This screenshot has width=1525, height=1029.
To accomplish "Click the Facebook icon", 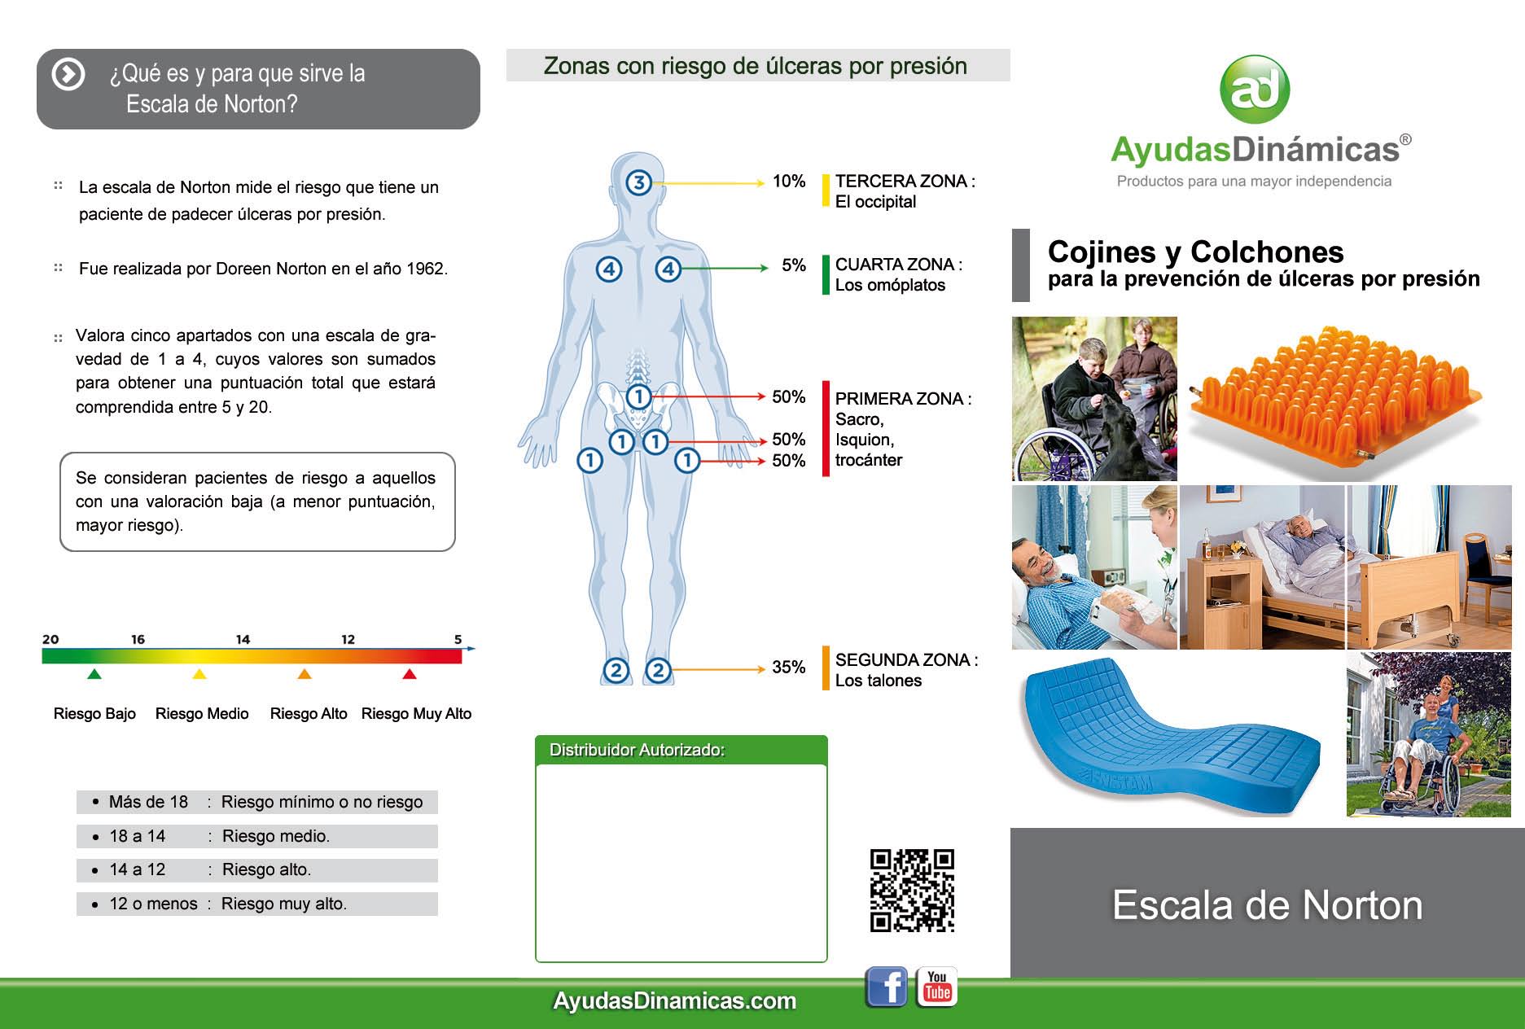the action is (x=886, y=987).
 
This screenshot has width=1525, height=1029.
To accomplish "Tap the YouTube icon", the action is (x=937, y=987).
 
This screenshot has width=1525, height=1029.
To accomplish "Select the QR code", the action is (x=912, y=891).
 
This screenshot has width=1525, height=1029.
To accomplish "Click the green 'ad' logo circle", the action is (x=1255, y=90).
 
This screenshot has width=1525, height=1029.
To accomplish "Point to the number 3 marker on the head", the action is (x=639, y=182).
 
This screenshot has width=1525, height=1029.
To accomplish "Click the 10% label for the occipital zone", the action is (x=789, y=181).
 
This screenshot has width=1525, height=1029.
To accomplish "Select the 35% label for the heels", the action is (x=789, y=668).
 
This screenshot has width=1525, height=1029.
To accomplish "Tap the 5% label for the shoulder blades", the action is (x=794, y=265).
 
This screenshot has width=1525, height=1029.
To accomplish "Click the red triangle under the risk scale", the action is (x=410, y=673).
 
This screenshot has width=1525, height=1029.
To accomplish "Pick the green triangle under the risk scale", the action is (x=94, y=673).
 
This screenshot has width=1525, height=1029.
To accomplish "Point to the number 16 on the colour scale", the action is (x=138, y=639).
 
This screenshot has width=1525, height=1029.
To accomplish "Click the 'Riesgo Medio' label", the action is (x=202, y=714).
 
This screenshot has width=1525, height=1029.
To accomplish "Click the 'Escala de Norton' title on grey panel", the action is (x=1268, y=905).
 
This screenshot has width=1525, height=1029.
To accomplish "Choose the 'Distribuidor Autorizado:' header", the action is (x=638, y=750).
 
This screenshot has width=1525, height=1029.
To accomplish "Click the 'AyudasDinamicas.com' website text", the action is (x=675, y=1001).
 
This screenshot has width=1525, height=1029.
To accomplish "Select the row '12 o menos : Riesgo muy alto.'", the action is (x=257, y=904).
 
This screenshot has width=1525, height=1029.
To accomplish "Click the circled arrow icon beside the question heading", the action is (x=68, y=74).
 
